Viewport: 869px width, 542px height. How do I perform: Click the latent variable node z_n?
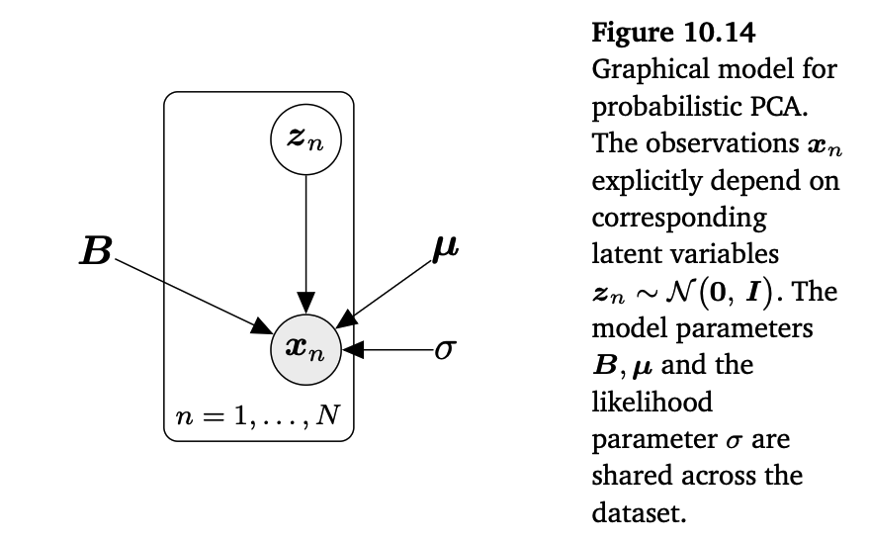coord(306,140)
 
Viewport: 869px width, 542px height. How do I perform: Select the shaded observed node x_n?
coord(306,349)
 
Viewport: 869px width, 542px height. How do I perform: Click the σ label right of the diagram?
coord(443,349)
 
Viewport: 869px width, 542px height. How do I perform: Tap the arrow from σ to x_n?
coord(391,349)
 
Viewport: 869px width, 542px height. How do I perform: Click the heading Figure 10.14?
coord(672,35)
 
